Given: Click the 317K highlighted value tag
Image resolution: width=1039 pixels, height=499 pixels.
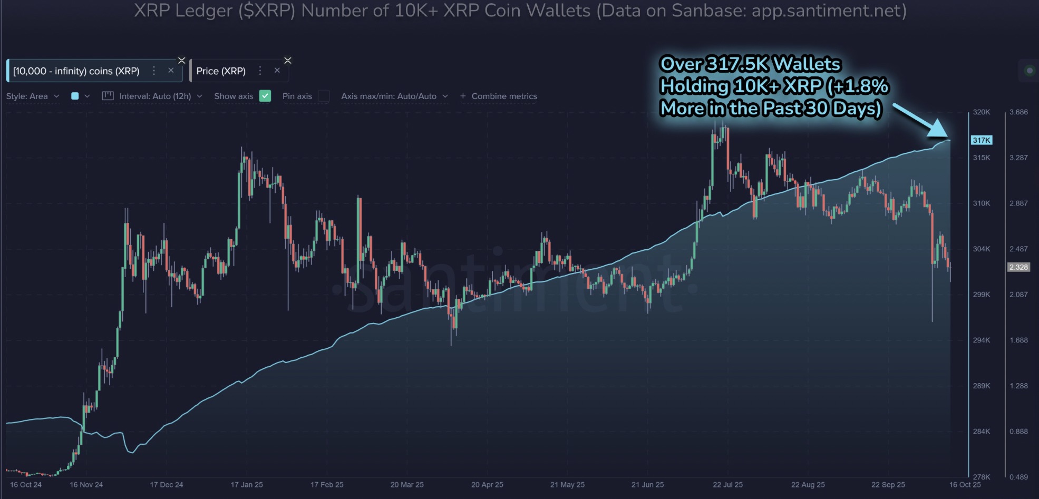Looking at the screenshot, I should pyautogui.click(x=982, y=140).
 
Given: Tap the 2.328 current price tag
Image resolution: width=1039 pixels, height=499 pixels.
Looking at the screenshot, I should pyautogui.click(x=1018, y=267).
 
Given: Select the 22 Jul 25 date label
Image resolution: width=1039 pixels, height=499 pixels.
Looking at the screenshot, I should pyautogui.click(x=727, y=485).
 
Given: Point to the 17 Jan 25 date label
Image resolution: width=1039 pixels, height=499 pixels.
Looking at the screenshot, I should pyautogui.click(x=247, y=485).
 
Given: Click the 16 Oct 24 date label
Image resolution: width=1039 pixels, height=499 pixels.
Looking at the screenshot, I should pyautogui.click(x=26, y=485).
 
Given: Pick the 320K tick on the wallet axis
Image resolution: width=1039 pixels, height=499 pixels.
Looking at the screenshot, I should pyautogui.click(x=982, y=112).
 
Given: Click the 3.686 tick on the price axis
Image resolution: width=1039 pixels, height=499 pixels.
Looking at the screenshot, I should pyautogui.click(x=1018, y=112).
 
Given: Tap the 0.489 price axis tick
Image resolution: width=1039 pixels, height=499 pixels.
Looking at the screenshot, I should pyautogui.click(x=1018, y=477).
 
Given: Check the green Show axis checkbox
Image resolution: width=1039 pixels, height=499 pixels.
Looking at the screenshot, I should pyautogui.click(x=265, y=96).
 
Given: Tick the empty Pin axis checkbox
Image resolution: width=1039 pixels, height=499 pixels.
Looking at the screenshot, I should pyautogui.click(x=324, y=96).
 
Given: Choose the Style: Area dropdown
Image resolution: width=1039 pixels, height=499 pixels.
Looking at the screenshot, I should pyautogui.click(x=32, y=96).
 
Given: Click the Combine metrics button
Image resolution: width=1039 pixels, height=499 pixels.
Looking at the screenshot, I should pyautogui.click(x=499, y=96).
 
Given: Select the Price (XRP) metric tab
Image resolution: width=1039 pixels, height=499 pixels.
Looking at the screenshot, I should pyautogui.click(x=221, y=71).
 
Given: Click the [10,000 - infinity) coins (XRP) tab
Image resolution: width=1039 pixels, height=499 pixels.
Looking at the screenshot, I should pyautogui.click(x=76, y=71).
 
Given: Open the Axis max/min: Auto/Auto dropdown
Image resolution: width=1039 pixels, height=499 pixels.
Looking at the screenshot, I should pyautogui.click(x=394, y=96).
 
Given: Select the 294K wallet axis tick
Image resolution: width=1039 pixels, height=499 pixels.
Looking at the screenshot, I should pyautogui.click(x=982, y=340).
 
